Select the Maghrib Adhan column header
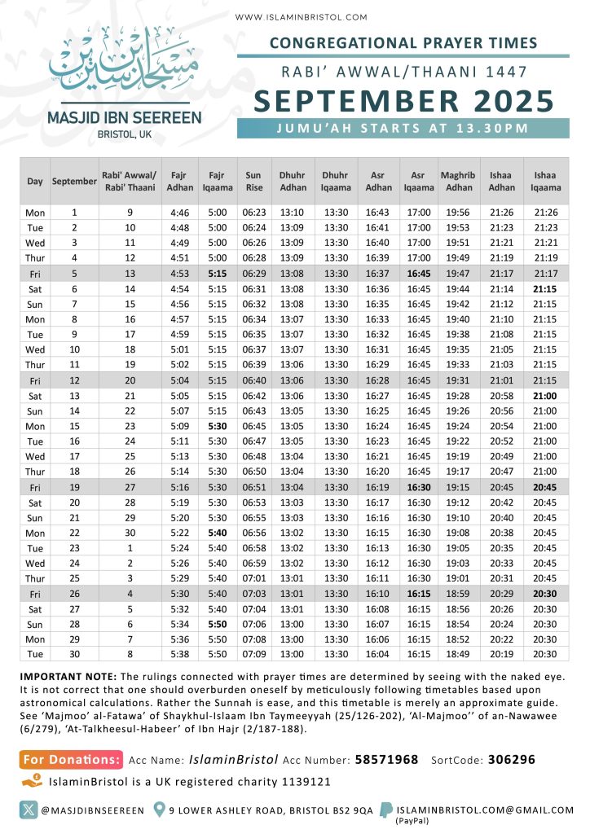(458, 181)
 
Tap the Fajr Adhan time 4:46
(180, 213)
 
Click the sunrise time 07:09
(254, 654)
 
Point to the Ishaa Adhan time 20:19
(501, 654)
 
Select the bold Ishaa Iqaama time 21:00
(545, 395)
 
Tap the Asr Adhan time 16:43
(377, 213)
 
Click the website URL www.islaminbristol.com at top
(301, 17)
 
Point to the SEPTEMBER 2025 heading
(403, 102)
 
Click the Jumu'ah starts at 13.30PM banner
(403, 128)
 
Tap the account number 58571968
(386, 759)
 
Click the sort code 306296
(512, 759)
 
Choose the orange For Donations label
(72, 759)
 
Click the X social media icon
(29, 810)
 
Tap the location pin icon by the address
(160, 810)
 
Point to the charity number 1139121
(302, 781)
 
